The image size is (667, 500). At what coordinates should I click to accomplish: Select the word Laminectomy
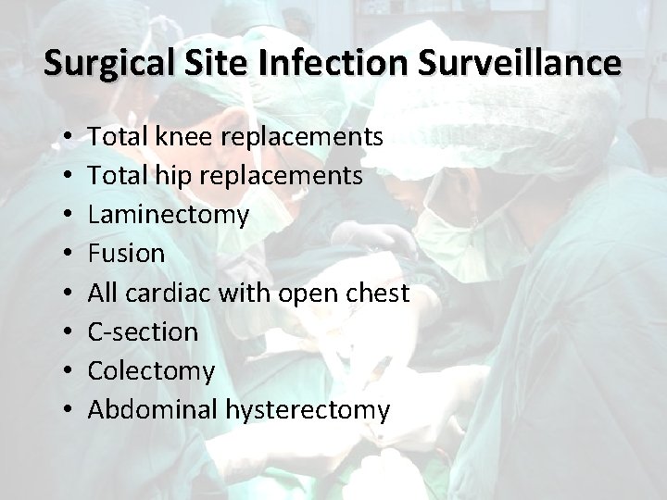[x=169, y=216]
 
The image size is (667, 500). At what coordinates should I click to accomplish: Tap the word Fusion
[x=127, y=254]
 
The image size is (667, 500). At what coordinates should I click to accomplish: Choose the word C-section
[x=143, y=331]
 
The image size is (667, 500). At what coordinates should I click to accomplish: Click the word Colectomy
[x=151, y=371]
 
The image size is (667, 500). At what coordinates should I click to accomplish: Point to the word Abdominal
[x=153, y=409]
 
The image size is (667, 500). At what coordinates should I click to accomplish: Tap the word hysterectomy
[x=308, y=410]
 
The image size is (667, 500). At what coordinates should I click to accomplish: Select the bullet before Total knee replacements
[x=70, y=138]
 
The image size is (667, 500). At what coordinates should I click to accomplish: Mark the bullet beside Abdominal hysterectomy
[x=70, y=410]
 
